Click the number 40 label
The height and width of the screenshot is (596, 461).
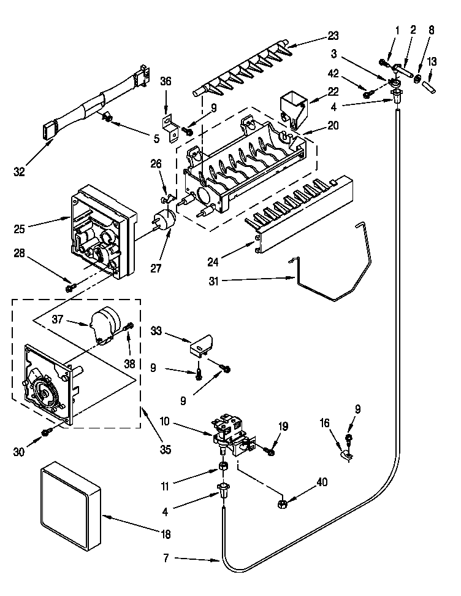pos(321,482)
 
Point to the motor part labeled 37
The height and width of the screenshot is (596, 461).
pos(105,323)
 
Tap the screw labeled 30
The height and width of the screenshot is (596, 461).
pos(47,433)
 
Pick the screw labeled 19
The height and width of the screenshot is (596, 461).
pos(270,452)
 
